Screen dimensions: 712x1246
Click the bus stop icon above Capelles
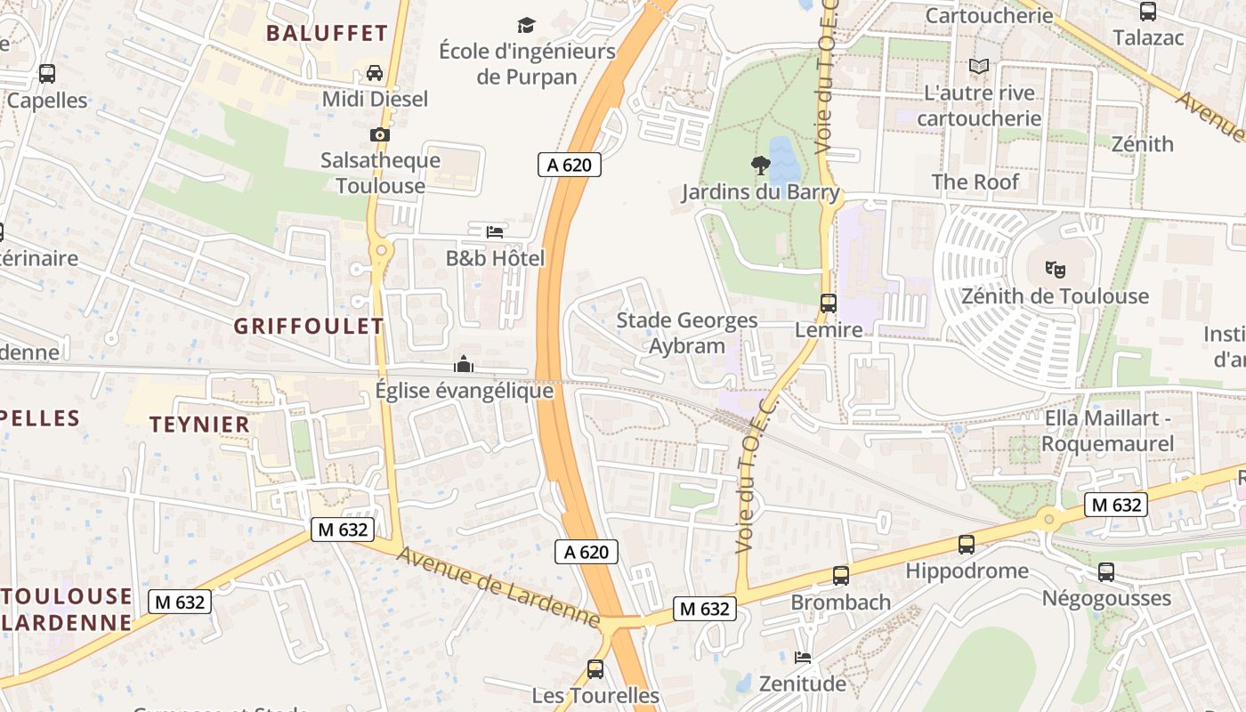47,74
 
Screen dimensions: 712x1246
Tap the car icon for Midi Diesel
375,73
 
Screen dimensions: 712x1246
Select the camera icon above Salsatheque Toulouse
380,134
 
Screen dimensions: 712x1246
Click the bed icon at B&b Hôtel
495,232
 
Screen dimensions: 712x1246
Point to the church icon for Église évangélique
464,364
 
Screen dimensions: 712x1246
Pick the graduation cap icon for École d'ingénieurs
527,25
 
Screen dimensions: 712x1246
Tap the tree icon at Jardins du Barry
760,165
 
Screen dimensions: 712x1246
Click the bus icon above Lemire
829,303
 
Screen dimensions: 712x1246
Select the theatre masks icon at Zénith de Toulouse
1056,269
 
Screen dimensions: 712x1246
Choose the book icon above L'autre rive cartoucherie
979,66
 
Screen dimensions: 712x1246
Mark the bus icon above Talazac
1148,12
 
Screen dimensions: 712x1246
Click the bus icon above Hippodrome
967,544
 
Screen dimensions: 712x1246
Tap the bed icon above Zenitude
803,658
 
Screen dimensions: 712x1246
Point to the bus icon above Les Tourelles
595,668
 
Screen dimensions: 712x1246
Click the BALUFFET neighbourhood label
327,34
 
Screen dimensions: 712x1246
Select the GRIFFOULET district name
309,327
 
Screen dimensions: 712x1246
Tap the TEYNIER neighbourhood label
199,425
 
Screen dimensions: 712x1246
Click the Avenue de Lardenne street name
498,587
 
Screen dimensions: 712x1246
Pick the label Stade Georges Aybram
687,333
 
